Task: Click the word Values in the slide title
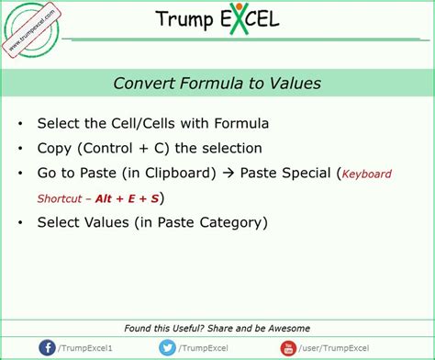click(296, 84)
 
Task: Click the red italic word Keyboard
click(366, 174)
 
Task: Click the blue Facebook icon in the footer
click(47, 347)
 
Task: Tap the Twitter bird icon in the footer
click(166, 347)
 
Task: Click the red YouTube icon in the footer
click(288, 347)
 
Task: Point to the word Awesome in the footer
click(284, 328)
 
